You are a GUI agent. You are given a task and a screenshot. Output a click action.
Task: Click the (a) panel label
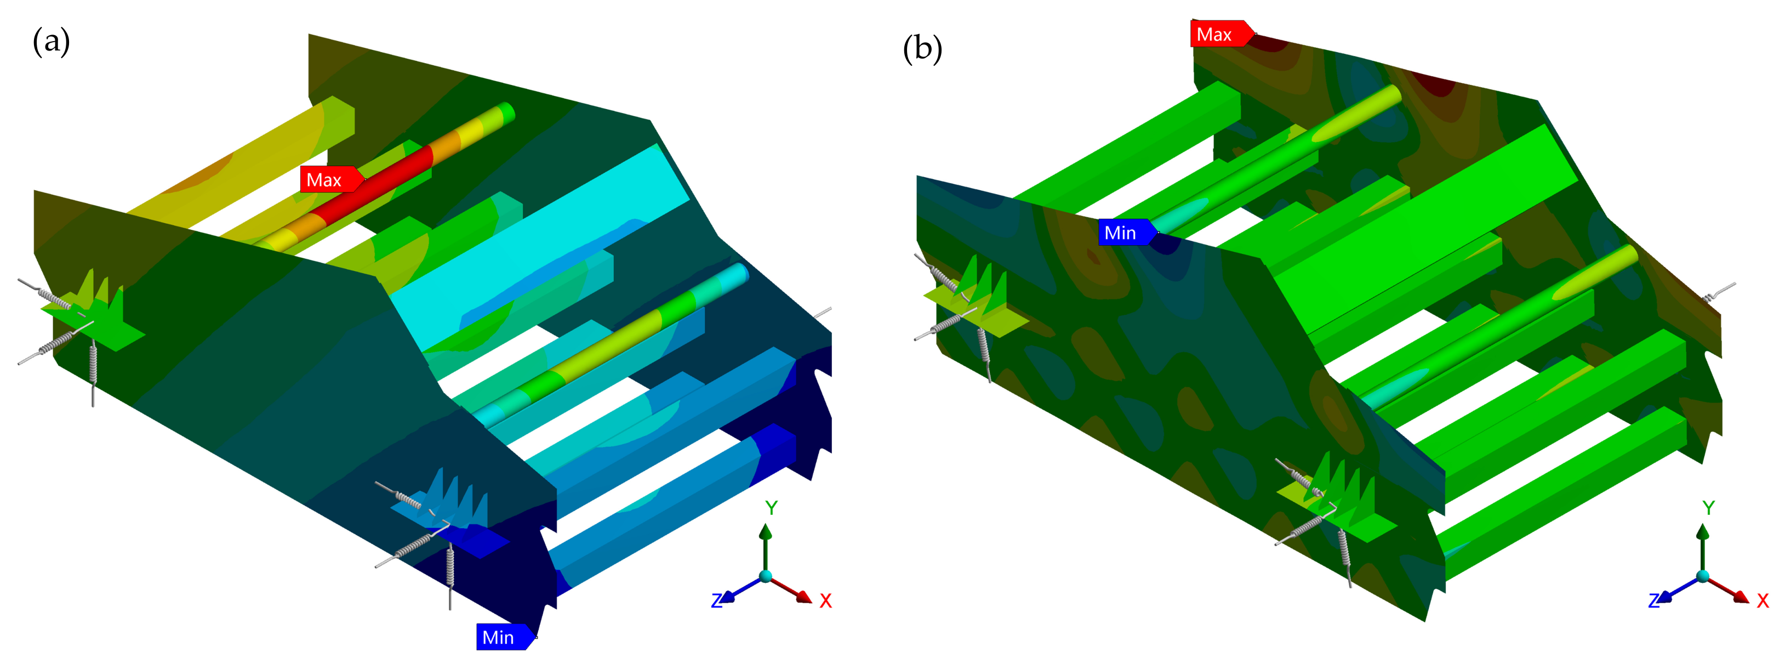pos(52,42)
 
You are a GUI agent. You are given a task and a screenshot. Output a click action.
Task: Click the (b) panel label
pos(922,49)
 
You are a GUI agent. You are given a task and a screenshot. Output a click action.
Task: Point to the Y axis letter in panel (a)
pos(771,508)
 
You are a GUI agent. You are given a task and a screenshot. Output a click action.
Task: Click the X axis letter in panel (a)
pos(825,601)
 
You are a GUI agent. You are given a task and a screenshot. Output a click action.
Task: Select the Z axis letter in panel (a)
pos(717,601)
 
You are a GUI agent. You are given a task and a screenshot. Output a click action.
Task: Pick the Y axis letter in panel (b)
pos(1708,508)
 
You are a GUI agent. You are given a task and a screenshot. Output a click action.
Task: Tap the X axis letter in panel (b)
pos(1763,601)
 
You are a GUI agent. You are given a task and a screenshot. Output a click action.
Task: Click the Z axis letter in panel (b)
pos(1654,601)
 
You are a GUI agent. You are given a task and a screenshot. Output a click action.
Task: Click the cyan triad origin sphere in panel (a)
pos(766,576)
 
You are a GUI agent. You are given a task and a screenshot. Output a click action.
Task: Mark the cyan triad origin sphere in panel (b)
pos(1703,576)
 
